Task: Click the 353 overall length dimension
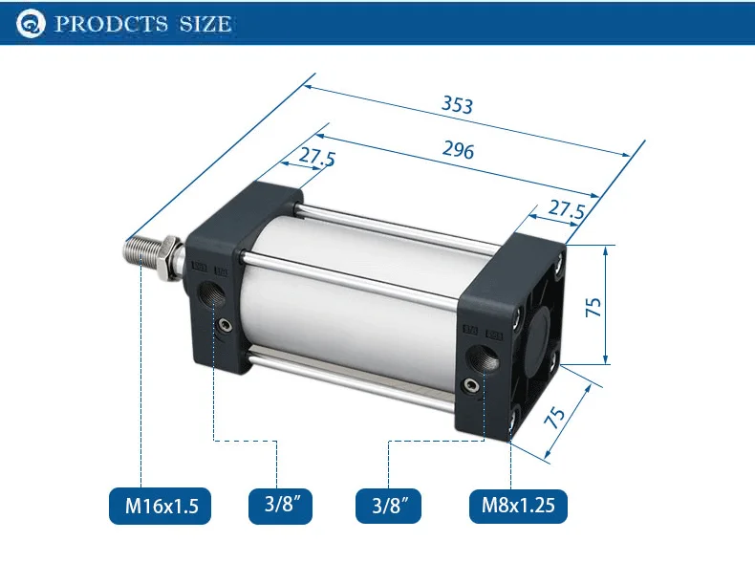[458, 104]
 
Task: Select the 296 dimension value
[458, 150]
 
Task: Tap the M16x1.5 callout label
[161, 506]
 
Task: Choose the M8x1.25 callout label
[518, 506]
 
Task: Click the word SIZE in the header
[205, 24]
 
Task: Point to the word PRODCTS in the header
[111, 24]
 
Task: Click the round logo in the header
[31, 23]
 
